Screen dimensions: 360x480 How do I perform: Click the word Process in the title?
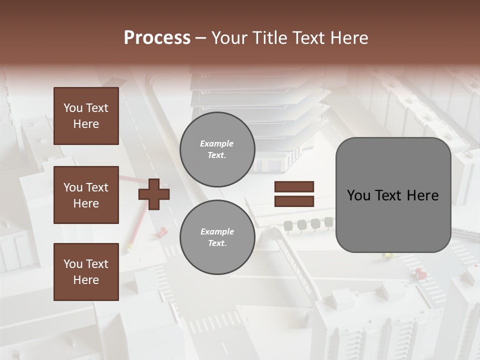tap(157, 38)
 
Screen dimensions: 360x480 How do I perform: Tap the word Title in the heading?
tap(269, 38)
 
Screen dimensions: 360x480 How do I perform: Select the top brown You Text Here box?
tap(86, 116)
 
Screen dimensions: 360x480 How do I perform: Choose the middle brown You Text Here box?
tap(86, 195)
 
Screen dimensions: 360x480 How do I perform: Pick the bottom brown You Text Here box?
tap(86, 272)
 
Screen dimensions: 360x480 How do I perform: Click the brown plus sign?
tap(154, 194)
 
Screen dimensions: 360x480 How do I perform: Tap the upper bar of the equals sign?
tap(294, 187)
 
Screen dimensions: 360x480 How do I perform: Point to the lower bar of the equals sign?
tap(294, 201)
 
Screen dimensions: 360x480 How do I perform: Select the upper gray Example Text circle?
tap(217, 149)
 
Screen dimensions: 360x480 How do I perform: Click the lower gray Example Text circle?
tap(217, 237)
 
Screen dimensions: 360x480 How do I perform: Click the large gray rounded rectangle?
tap(393, 195)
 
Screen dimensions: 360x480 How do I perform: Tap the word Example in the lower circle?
tap(217, 231)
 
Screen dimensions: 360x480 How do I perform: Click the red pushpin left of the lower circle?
tap(163, 231)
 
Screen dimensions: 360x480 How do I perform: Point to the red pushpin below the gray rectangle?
tap(420, 272)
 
